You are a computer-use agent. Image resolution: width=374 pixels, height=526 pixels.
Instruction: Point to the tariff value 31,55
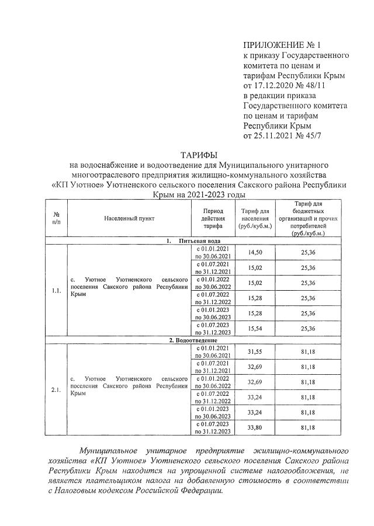point(255,351)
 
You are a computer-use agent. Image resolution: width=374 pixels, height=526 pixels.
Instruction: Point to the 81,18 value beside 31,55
point(308,351)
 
